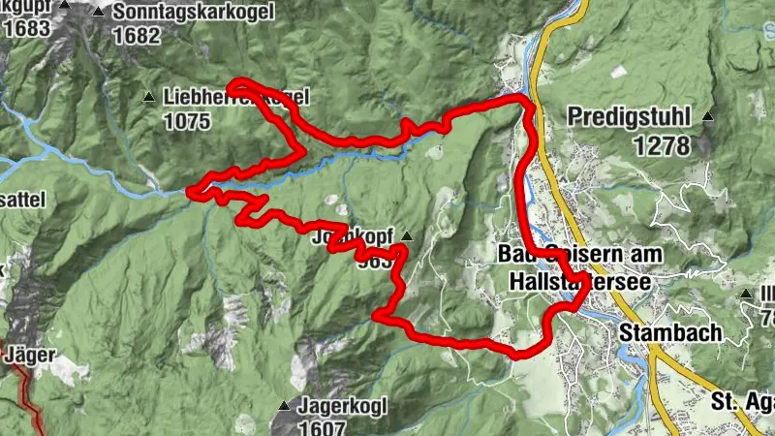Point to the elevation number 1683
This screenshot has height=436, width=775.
click(x=26, y=28)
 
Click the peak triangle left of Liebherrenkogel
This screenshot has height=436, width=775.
click(x=148, y=97)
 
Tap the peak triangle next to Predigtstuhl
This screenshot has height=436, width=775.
click(x=708, y=117)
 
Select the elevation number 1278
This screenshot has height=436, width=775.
click(x=663, y=145)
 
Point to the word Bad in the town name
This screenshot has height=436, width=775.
click(x=513, y=254)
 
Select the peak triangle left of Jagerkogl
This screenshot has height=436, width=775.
click(x=284, y=406)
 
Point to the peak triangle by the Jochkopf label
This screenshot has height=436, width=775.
click(x=406, y=235)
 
